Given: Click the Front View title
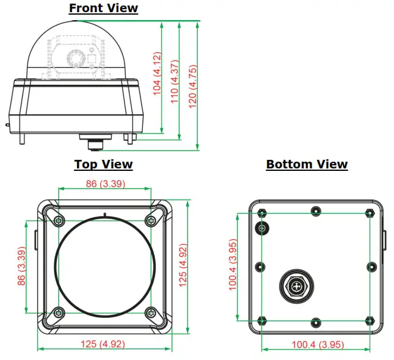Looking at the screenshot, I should (x=103, y=9).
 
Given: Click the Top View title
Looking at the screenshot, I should (x=103, y=164).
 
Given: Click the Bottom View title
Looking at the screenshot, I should (x=307, y=164).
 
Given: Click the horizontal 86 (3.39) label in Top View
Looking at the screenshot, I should (x=104, y=183).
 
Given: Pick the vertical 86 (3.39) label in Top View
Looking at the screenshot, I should (x=21, y=267).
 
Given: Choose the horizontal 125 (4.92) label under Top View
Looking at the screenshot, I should (x=104, y=344).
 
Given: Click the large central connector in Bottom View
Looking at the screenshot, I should (x=296, y=286).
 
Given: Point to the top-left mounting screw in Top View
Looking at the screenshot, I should (x=58, y=220).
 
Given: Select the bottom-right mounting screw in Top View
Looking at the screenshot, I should (x=151, y=313).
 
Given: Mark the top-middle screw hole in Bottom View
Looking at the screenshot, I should (x=315, y=211).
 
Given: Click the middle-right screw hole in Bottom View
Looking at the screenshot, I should (x=371, y=267).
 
